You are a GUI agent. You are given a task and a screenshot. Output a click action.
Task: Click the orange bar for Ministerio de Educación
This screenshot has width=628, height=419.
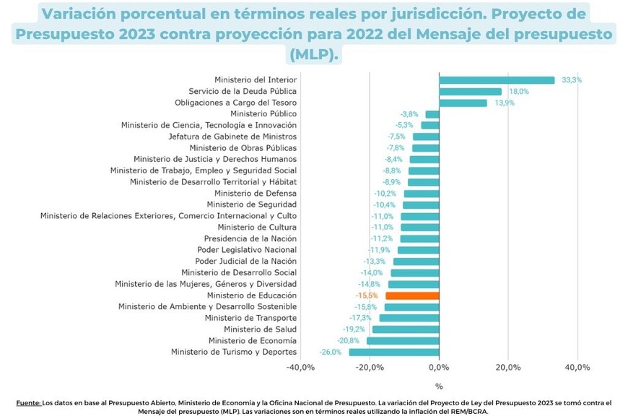(x=412, y=295)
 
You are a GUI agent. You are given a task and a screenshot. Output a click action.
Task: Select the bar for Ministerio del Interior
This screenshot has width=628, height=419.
(x=497, y=80)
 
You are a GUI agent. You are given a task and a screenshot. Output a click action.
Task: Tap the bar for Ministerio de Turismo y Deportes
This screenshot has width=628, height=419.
(x=394, y=352)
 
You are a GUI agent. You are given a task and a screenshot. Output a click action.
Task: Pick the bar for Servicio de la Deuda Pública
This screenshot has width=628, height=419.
(x=470, y=92)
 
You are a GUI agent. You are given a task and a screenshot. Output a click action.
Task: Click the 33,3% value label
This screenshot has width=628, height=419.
(x=572, y=80)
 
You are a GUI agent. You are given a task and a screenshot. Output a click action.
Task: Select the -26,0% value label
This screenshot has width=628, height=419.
(x=331, y=352)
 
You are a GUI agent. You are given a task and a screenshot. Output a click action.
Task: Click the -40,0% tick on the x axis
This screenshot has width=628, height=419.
(x=300, y=368)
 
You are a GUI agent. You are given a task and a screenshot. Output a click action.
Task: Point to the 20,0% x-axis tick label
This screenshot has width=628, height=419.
(x=508, y=368)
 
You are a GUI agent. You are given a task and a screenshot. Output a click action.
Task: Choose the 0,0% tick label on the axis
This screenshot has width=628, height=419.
(x=439, y=368)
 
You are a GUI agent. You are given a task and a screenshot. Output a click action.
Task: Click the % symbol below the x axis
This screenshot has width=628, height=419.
(x=439, y=386)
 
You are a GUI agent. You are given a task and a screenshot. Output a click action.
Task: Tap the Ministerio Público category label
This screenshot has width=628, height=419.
(x=263, y=114)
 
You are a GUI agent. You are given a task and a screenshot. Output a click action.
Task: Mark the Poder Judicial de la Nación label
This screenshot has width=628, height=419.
(x=246, y=262)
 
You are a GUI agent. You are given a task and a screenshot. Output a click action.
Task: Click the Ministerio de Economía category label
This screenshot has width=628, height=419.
(x=253, y=340)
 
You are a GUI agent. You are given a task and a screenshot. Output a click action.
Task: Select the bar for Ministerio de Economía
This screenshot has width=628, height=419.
(x=403, y=340)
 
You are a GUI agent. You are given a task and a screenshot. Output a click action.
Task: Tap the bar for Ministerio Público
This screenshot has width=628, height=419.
(x=432, y=114)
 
